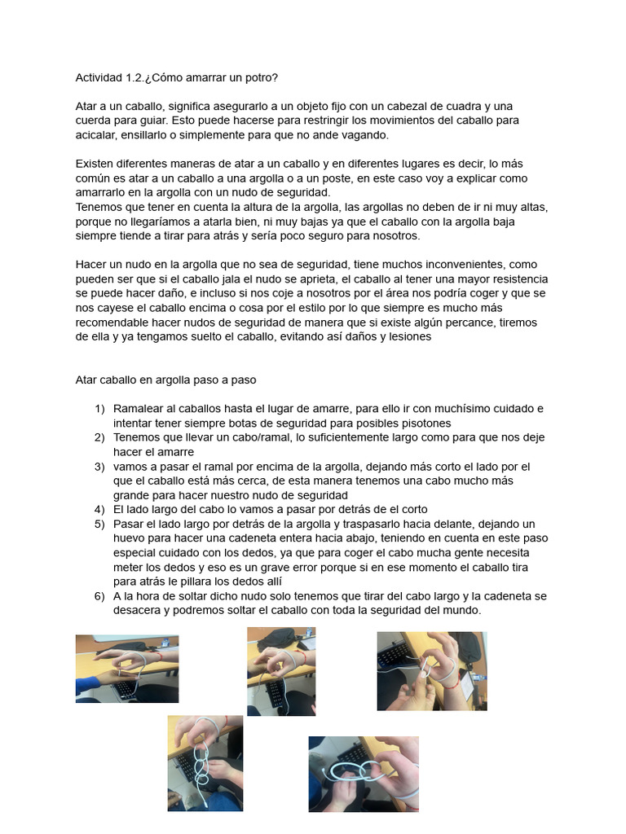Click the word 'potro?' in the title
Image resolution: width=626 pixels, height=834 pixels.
(x=258, y=77)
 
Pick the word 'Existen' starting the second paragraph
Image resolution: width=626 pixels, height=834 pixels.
(x=96, y=164)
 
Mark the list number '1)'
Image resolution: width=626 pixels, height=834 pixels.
(x=99, y=409)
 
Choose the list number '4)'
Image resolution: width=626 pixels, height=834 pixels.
(x=99, y=510)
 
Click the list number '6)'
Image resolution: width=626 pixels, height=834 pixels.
(x=99, y=596)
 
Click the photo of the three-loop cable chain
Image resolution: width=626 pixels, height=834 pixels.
(x=205, y=763)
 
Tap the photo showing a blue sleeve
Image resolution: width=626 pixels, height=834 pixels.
(x=127, y=668)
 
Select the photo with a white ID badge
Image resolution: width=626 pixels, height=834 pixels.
(x=432, y=671)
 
